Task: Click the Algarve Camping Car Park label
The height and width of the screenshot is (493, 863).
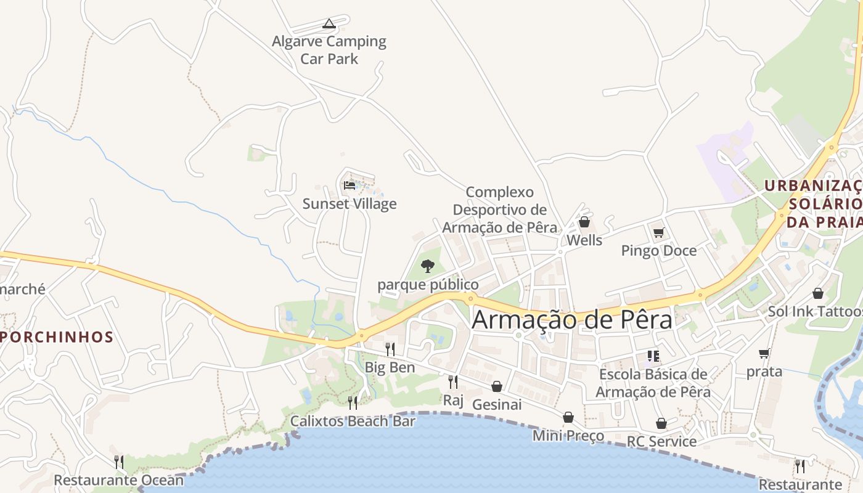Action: click(329, 50)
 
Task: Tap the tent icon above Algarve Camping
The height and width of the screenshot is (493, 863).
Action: click(329, 24)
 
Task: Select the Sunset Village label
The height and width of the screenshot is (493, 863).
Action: click(350, 203)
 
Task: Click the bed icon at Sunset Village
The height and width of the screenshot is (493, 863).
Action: click(350, 185)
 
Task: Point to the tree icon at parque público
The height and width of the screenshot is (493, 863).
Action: click(428, 266)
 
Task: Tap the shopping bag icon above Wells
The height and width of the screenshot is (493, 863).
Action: click(584, 222)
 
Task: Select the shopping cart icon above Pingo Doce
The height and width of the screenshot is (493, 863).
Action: click(659, 232)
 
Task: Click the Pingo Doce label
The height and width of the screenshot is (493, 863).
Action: click(659, 250)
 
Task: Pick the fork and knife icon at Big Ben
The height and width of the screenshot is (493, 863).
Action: click(390, 349)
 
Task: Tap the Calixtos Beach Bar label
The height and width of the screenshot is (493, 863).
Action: click(353, 422)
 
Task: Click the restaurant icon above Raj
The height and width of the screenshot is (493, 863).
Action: click(453, 382)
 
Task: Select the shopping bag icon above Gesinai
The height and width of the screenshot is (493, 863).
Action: click(497, 386)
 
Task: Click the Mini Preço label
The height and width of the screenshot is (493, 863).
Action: click(568, 436)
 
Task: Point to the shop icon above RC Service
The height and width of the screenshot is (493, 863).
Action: click(661, 423)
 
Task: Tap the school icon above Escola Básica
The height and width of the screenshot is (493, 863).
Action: click(653, 356)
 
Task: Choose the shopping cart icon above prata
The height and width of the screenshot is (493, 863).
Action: click(764, 354)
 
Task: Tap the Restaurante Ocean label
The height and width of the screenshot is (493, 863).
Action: click(119, 480)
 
